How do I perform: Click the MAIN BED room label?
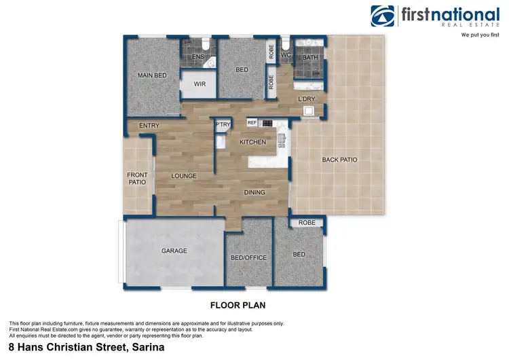click(x=152, y=75)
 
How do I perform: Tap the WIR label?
click(x=200, y=84)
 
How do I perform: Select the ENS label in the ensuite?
click(x=198, y=58)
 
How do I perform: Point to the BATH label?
click(x=310, y=58)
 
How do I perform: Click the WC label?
click(x=286, y=54)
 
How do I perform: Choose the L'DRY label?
click(x=309, y=99)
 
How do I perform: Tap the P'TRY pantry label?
click(x=222, y=124)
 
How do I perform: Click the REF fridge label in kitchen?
click(x=252, y=123)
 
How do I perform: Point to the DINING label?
click(x=254, y=192)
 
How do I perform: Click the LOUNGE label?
click(x=183, y=176)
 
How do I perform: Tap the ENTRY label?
click(x=149, y=126)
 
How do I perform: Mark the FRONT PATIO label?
click(x=137, y=179)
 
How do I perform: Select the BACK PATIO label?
click(x=339, y=160)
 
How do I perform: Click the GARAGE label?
click(x=174, y=251)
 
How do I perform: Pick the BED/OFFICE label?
click(x=248, y=257)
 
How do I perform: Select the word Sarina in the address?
click(x=143, y=347)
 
